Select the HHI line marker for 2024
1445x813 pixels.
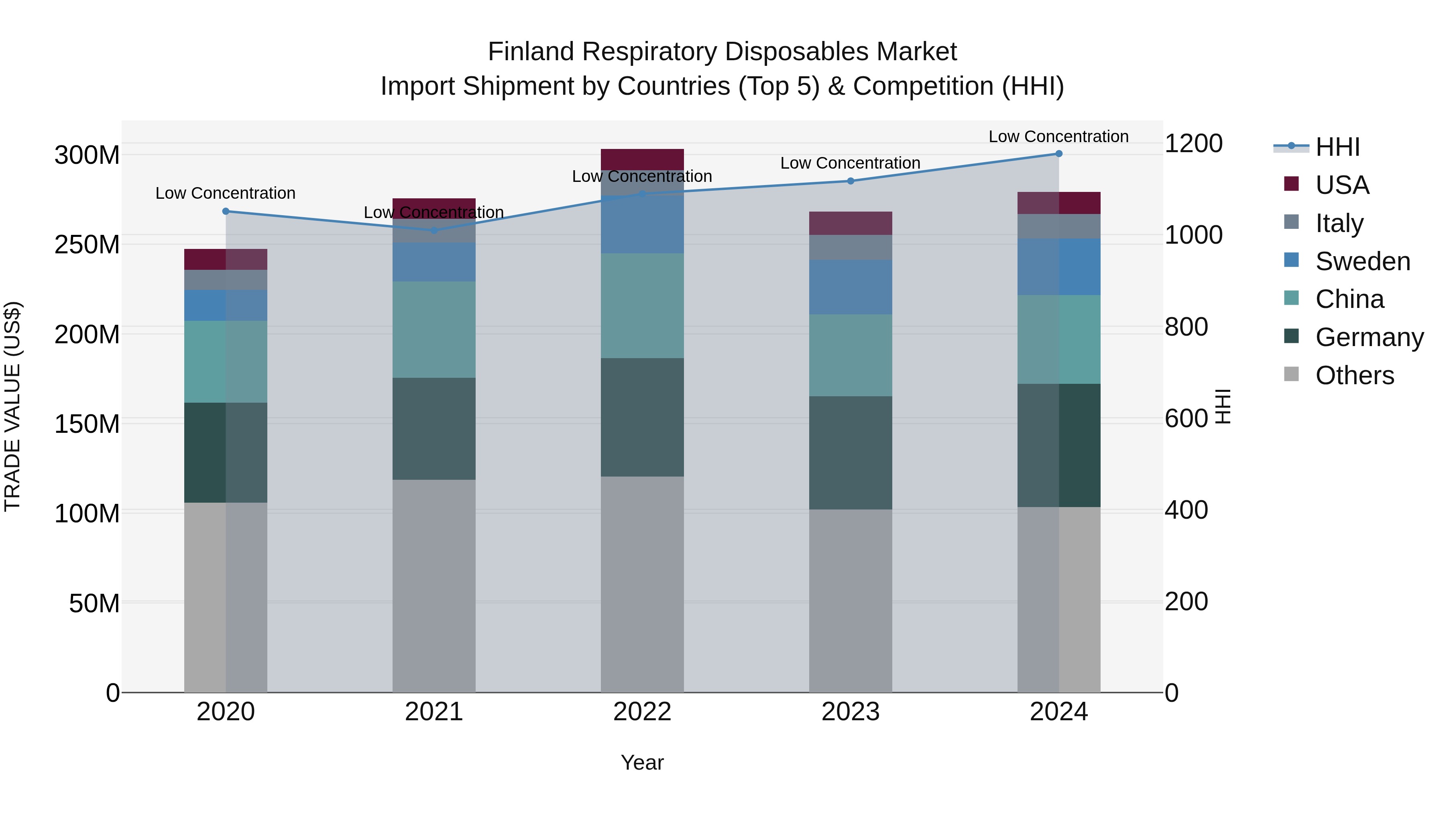1058,154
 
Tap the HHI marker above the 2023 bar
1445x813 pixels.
851,181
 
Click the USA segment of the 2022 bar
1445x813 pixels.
642,159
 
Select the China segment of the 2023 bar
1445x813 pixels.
851,355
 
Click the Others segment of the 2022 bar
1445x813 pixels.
642,583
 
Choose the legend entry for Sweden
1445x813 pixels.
1362,261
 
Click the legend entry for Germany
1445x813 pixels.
1369,337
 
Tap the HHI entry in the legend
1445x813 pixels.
1337,147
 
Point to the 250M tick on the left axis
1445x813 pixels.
87,245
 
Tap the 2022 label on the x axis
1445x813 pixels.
642,712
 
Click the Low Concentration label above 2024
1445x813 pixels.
1058,137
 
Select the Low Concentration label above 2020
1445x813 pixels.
226,193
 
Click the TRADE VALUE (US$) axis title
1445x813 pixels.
12,406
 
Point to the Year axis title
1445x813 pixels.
642,762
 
